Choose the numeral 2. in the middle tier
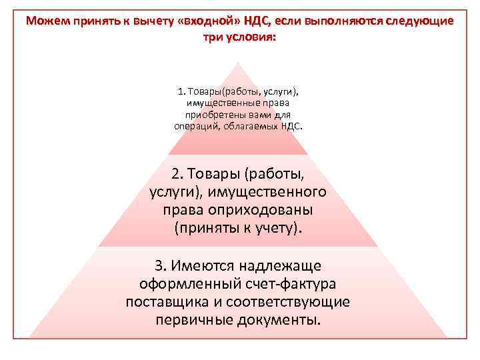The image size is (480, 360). click(177, 175)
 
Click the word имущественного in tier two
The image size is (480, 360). click(267, 193)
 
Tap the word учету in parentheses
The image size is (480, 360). click(275, 228)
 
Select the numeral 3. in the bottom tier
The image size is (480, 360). click(160, 265)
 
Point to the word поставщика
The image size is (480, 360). click(164, 301)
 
